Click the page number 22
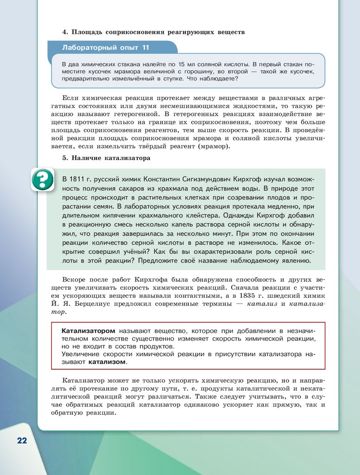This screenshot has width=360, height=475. (22, 440)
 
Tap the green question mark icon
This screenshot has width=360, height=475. (43, 180)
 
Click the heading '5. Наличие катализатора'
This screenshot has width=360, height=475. (106, 158)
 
